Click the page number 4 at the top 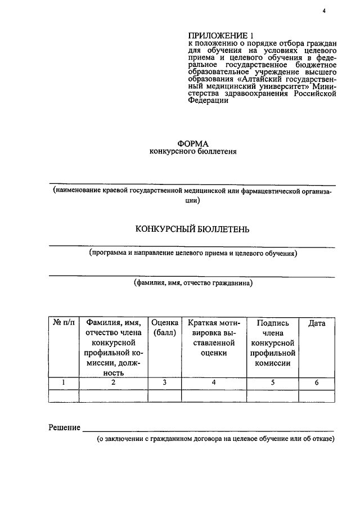[325, 10]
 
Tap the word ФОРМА [193, 144]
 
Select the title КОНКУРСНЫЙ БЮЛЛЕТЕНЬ [192, 229]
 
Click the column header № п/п [64, 323]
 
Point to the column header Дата [317, 323]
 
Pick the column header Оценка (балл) [165, 328]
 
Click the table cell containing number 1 [64, 383]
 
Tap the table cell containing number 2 [113, 383]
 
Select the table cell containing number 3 [165, 383]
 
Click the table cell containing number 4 [214, 383]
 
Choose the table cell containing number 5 [273, 383]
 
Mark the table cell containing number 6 [317, 383]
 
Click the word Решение [65, 428]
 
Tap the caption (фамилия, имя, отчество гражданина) [193, 283]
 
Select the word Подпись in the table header [273, 323]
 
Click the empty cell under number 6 [317, 395]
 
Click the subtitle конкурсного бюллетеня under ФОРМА [193, 152]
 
